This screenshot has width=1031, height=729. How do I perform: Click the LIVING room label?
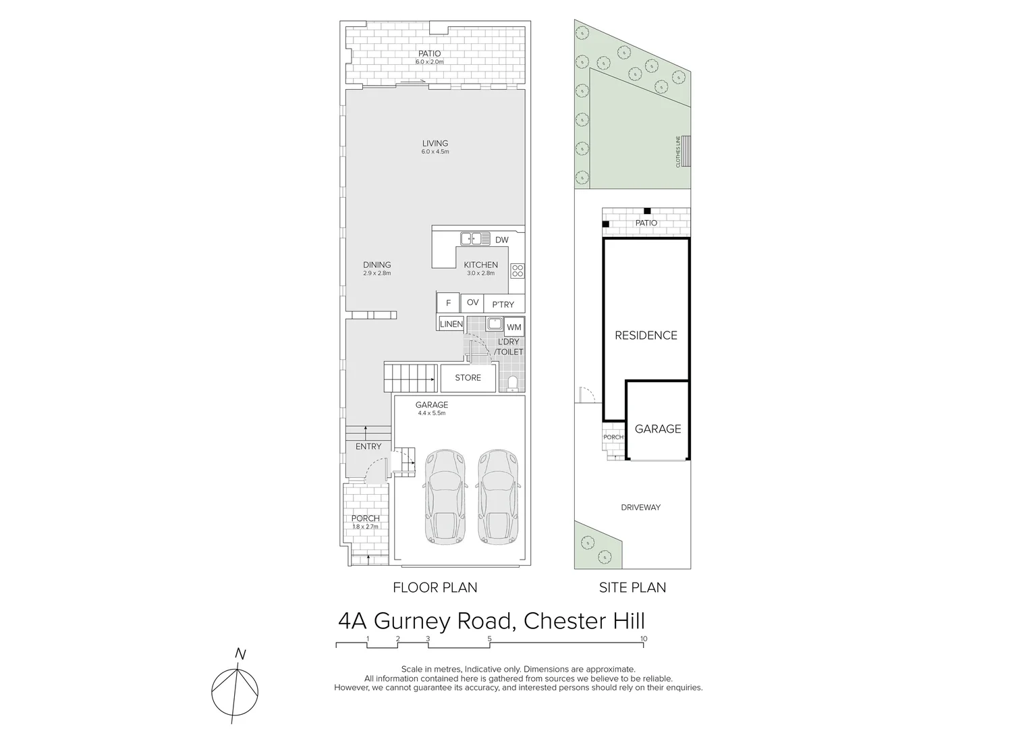coord(435,143)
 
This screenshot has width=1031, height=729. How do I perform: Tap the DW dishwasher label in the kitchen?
coord(501,240)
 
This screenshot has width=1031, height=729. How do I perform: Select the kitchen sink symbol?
coord(475,238)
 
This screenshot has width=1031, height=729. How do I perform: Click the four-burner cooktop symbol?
coord(518,271)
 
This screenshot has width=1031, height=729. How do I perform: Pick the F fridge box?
coord(448,303)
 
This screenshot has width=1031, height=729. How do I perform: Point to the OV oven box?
coord(472,302)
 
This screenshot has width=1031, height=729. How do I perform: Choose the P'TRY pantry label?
coord(503,304)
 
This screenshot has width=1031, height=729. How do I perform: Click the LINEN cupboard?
coord(451,324)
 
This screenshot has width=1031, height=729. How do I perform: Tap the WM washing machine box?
coord(513,327)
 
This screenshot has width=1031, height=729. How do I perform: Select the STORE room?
coord(468,378)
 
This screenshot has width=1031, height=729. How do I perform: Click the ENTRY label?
coord(368,446)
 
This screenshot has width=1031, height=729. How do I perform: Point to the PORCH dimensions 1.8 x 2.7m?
coord(365,526)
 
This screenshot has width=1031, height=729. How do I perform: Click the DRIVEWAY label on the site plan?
coord(640,507)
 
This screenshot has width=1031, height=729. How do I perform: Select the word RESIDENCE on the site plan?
coord(646,335)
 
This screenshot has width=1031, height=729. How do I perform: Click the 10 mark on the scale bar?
coord(644,639)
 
